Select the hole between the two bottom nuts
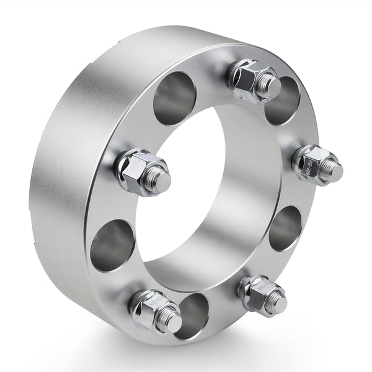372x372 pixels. click(x=193, y=315)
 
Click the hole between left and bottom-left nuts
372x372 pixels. click(x=112, y=244)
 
